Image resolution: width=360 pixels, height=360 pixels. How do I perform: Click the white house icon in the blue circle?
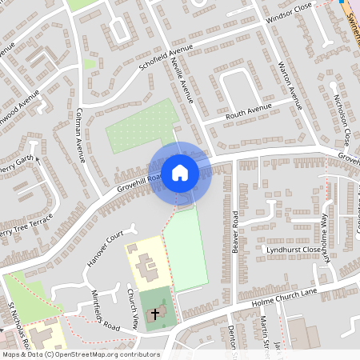(x=180, y=171)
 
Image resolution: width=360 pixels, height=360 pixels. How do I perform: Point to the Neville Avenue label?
(x=183, y=80)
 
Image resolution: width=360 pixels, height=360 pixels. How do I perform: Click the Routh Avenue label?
(x=249, y=110)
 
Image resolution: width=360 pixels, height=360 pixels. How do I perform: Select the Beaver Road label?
(x=236, y=232)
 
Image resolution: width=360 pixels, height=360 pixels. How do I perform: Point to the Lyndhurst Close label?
(x=293, y=250)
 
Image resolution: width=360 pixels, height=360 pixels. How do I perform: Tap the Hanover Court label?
(x=103, y=249)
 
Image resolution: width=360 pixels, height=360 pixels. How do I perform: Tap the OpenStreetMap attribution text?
(x=80, y=354)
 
